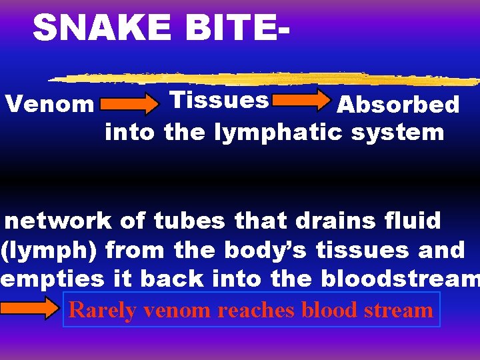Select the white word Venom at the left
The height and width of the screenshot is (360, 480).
49,104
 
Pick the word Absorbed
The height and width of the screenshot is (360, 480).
397,105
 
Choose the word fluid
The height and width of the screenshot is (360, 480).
415,220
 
